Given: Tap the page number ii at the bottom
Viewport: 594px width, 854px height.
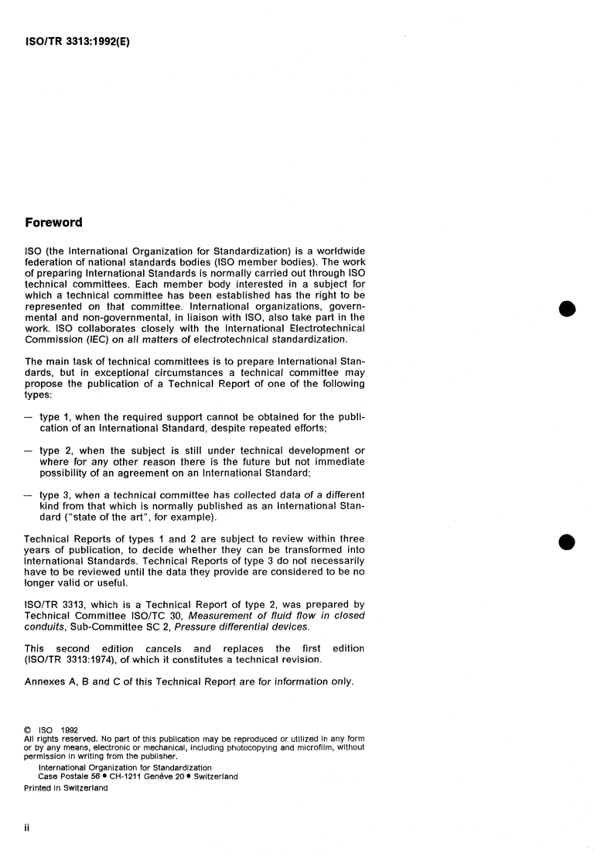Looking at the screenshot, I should tap(28, 827).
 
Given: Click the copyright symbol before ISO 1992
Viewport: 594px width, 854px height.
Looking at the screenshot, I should tap(28, 727).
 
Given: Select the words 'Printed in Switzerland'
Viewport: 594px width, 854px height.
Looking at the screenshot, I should tap(67, 788).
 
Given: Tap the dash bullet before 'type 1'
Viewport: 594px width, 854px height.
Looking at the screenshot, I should tap(28, 416).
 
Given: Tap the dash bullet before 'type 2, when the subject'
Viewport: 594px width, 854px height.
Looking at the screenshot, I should tap(28, 451).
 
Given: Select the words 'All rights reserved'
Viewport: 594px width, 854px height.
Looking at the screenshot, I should tap(59, 737).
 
